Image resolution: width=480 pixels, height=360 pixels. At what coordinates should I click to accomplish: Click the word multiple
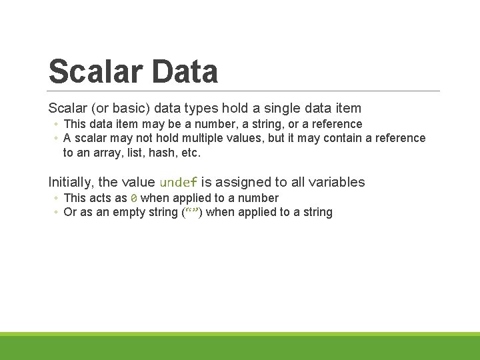point(200,138)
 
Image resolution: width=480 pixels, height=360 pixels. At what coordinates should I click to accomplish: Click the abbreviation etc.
point(190,152)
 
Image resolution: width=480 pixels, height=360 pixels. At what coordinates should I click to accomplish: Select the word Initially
point(69,182)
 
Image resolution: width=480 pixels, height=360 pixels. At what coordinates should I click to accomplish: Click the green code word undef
point(179,183)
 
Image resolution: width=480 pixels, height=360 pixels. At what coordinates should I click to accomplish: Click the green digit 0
point(134,198)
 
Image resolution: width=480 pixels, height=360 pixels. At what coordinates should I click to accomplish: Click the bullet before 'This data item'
point(56,125)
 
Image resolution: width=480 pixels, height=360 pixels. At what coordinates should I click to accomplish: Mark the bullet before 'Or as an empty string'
point(56,213)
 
